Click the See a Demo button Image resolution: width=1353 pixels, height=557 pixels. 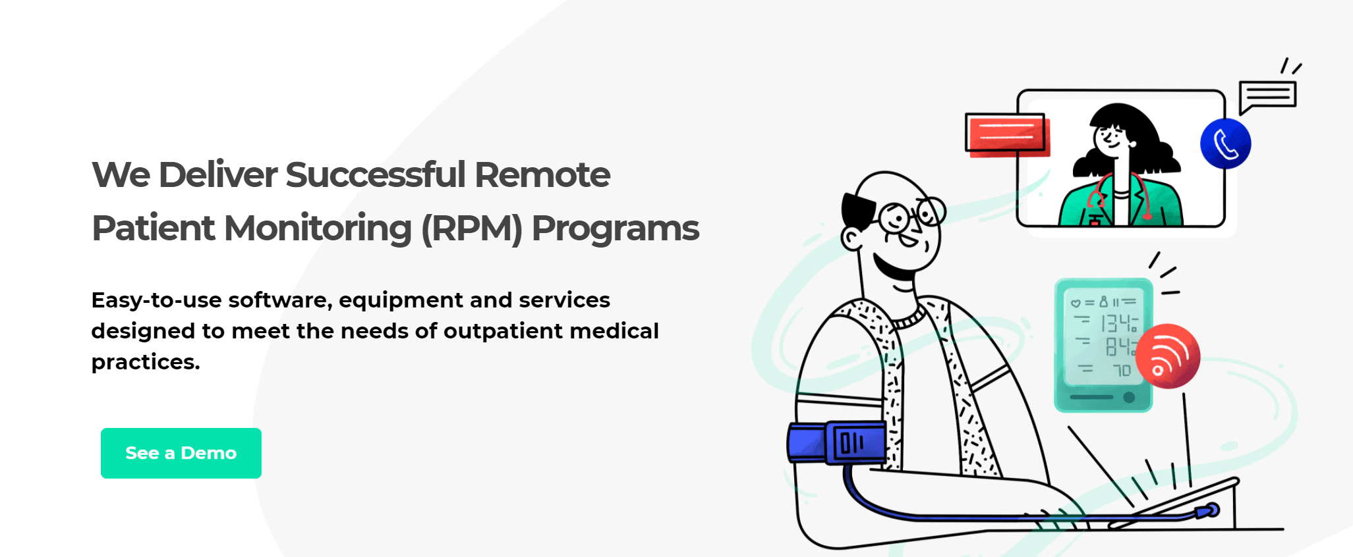(x=181, y=453)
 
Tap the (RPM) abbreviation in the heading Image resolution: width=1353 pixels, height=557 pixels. (x=471, y=229)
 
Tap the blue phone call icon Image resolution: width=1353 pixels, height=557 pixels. (x=1225, y=144)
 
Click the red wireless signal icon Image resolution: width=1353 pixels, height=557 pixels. (x=1168, y=356)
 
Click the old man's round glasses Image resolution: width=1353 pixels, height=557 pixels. (x=912, y=215)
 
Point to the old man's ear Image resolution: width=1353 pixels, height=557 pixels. (x=852, y=238)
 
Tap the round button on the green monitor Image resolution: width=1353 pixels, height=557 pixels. (x=1129, y=397)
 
